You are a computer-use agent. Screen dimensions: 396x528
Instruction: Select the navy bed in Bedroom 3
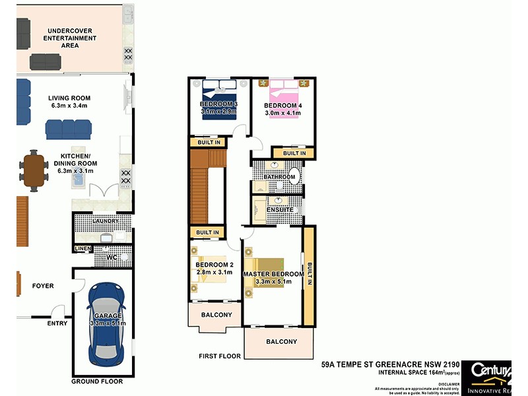(x=222, y=99)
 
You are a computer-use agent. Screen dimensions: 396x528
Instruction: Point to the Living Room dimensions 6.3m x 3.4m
(x=69, y=106)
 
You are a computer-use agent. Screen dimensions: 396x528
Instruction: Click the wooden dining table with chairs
(x=32, y=170)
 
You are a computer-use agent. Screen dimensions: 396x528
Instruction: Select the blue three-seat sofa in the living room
(x=68, y=129)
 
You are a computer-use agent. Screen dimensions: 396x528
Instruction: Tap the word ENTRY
(x=57, y=323)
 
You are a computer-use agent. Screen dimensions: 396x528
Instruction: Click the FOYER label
(x=43, y=286)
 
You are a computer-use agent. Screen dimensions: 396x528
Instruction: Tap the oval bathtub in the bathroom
(x=294, y=178)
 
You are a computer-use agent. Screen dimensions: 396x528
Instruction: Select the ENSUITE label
(x=280, y=210)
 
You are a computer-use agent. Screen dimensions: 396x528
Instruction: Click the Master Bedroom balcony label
(x=281, y=342)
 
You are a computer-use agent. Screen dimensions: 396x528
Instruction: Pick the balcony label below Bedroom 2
(x=216, y=315)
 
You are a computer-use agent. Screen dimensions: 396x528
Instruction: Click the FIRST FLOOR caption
(x=220, y=356)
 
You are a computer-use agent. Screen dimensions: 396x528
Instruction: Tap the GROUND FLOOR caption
(x=97, y=381)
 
